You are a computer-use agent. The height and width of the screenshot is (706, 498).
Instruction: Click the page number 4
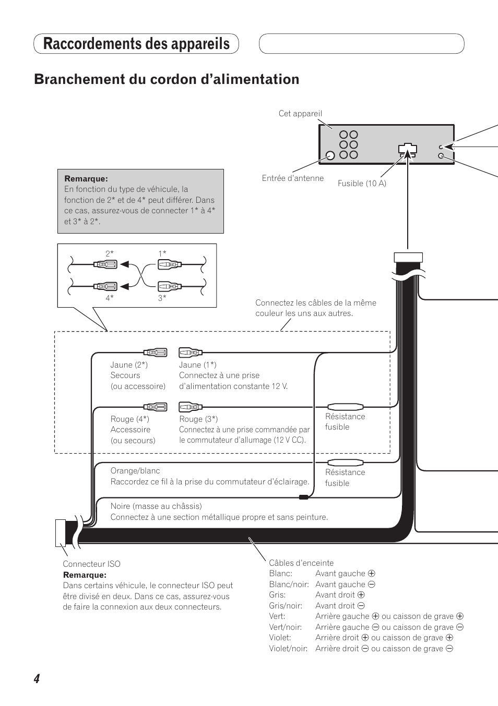pos(37,678)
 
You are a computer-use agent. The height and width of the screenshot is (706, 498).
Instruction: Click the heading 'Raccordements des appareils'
pos(136,44)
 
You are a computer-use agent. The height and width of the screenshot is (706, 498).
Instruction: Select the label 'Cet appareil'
pos(300,114)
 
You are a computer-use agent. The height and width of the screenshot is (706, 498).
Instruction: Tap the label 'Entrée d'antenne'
pos(292,178)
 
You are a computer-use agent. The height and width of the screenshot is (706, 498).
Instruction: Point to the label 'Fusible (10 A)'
pos(362,184)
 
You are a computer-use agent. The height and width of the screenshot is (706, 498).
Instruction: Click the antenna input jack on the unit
pos(330,155)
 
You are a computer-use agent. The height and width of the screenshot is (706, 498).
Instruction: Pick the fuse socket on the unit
pos(407,150)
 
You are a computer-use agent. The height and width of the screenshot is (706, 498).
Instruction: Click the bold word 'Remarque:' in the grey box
pos(86,179)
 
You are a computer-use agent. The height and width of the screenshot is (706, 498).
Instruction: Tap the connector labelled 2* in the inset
pos(105,264)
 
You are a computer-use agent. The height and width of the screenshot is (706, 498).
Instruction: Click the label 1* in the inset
pos(162,253)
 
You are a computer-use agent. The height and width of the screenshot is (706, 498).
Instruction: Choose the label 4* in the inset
pos(110,298)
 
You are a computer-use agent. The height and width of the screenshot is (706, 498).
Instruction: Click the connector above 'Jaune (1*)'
pos(190,352)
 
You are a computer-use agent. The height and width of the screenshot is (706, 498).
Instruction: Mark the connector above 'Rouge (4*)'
pos(156,407)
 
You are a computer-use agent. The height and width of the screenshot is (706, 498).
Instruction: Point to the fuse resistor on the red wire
pos(345,407)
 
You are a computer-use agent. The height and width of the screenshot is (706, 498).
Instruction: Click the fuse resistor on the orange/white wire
pos(345,462)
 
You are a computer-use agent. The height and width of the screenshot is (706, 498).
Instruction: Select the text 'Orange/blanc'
pos(135,471)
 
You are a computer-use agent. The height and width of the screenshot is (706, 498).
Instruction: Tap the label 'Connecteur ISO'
pos(91,564)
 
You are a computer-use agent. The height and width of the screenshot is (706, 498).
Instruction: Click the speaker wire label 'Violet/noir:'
pos(288,649)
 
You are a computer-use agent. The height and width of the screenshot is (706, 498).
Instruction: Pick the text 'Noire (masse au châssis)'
pos(156,506)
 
